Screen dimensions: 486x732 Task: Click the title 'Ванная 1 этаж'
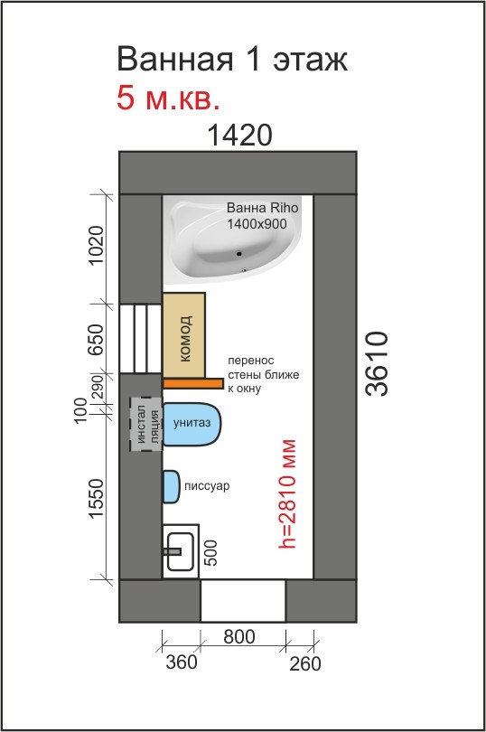232,60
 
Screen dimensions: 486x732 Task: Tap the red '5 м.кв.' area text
168,98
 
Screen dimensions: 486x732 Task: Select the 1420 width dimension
239,136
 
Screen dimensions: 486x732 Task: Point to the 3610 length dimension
377,363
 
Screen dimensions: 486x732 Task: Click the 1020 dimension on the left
96,245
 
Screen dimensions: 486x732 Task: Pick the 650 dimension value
96,340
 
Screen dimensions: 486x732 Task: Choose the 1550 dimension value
96,498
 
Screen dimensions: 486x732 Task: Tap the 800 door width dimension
239,637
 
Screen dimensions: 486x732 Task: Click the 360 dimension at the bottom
182,662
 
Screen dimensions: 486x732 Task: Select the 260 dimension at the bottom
305,664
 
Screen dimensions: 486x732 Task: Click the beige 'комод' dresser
184,334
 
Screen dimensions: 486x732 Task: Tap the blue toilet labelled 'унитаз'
192,424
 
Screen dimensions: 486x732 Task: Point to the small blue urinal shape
171,486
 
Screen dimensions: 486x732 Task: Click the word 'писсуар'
207,486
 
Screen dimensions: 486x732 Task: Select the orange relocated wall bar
192,383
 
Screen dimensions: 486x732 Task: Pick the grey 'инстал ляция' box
146,425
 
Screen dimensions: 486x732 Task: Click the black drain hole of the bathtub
239,254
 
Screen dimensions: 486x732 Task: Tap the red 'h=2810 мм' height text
287,493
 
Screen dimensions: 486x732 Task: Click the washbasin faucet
172,551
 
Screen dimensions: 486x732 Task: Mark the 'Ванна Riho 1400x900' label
262,216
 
